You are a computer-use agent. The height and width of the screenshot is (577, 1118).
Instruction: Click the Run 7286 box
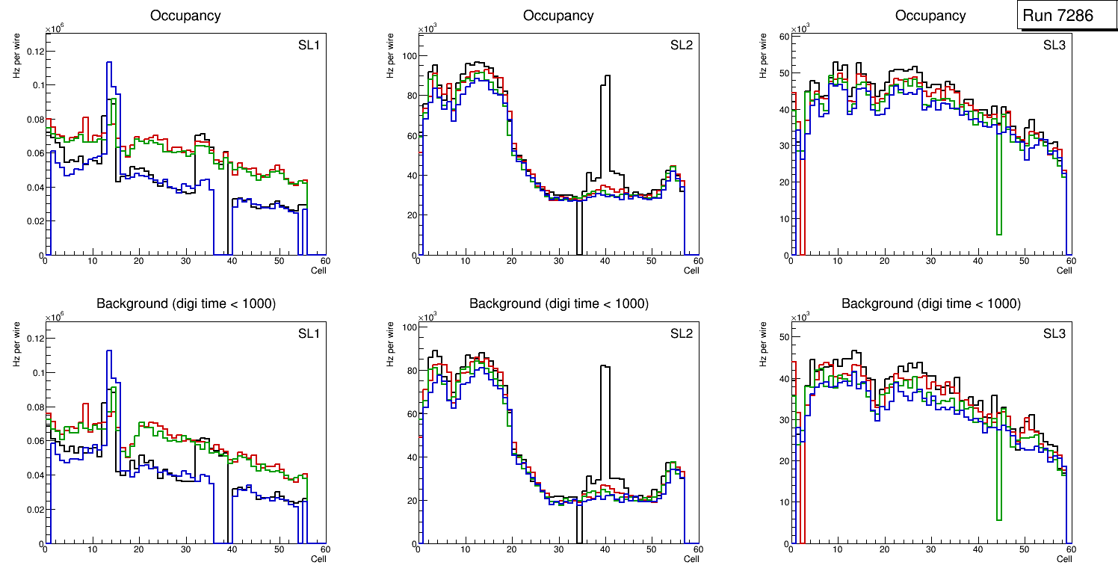pyautogui.click(x=1067, y=15)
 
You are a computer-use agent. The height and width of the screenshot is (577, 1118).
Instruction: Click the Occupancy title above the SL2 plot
pyautogui.click(x=558, y=15)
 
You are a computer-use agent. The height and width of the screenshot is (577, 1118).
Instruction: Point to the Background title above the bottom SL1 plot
pyautogui.click(x=185, y=303)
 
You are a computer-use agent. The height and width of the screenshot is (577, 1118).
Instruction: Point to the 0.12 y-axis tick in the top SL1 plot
pyautogui.click(x=35, y=51)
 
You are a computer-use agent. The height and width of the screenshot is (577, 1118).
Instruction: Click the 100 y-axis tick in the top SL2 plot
pyautogui.click(x=408, y=56)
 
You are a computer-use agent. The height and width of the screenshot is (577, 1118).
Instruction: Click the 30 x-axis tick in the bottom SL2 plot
pyautogui.click(x=558, y=549)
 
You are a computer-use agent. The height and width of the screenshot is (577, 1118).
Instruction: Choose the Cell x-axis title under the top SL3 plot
pyautogui.click(x=1063, y=271)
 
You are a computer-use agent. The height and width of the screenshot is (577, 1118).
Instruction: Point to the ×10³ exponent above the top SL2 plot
pyautogui.click(x=426, y=28)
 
